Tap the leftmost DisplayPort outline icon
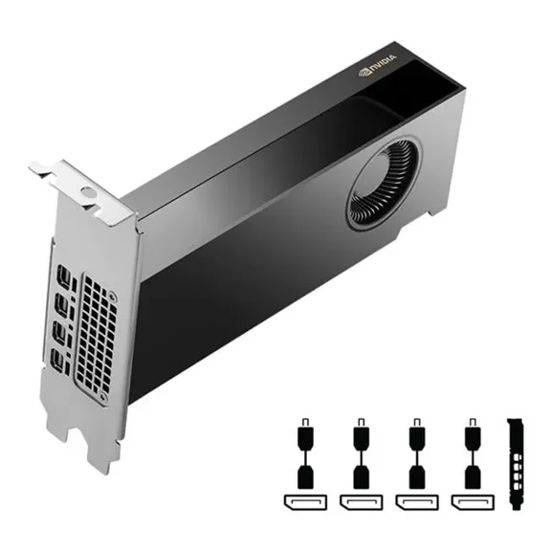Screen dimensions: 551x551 pyautogui.click(x=305, y=502)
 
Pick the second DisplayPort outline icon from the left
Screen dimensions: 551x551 pyautogui.click(x=361, y=502)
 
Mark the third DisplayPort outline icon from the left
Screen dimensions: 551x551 pyautogui.click(x=416, y=502)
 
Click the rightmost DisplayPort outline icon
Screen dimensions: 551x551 pyautogui.click(x=471, y=502)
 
